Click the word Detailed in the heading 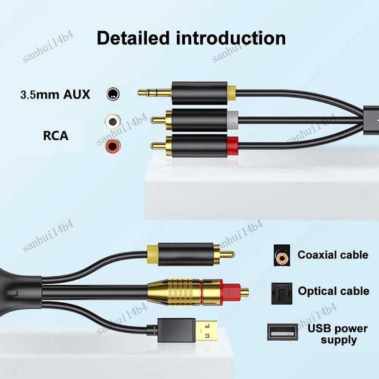133,38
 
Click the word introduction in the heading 231,38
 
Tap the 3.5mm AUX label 55,94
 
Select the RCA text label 55,135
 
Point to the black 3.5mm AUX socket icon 113,93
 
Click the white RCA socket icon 113,121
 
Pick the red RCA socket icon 113,146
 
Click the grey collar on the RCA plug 233,120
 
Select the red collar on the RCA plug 233,146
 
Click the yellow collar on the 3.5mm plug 231,93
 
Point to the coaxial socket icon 282,256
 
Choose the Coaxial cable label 333,255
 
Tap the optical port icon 281,293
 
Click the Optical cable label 334,291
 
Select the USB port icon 282,332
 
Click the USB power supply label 337,334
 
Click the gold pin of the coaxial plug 226,254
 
